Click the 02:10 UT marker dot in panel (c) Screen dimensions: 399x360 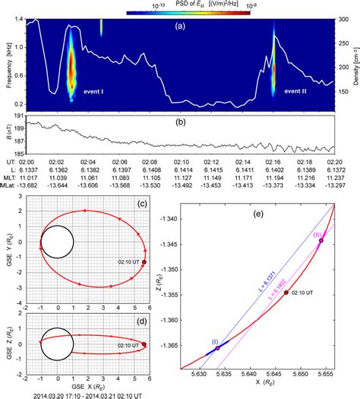click(144, 262)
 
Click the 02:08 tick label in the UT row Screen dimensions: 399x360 click(150, 162)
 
